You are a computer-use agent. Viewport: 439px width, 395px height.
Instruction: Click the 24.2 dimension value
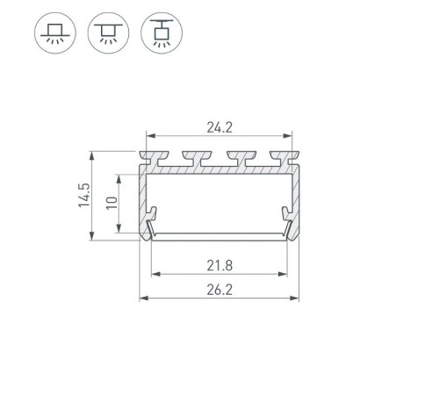tap(220, 128)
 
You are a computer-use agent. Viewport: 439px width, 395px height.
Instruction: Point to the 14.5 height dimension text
tap(83, 195)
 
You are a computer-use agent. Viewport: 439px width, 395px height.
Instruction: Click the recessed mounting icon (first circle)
tap(54, 34)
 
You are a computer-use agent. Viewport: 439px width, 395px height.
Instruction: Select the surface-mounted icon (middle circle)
tap(106, 34)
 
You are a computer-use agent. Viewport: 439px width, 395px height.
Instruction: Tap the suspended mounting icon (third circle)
tap(160, 34)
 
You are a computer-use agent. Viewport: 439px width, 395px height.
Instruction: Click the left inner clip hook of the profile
tap(154, 213)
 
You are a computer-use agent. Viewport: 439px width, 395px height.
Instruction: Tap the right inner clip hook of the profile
tap(286, 213)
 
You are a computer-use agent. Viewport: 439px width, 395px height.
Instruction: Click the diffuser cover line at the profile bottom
tap(220, 234)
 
